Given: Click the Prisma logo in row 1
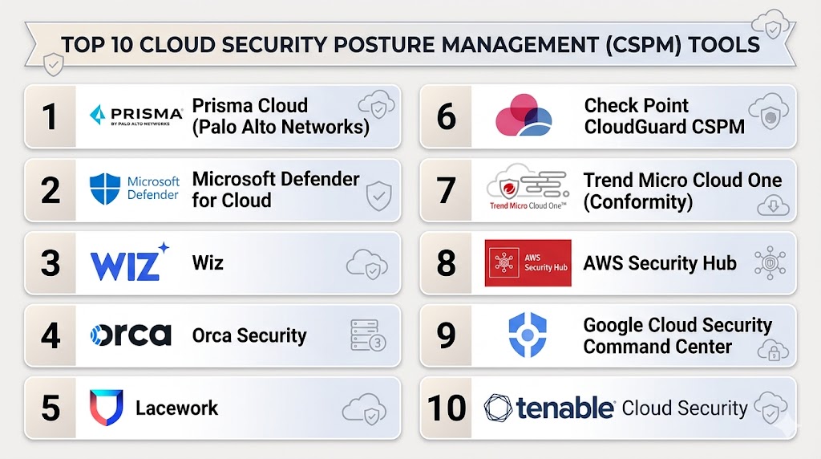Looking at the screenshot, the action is [136, 116].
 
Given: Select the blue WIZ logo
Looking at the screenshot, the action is [129, 262].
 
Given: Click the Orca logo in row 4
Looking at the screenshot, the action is [131, 335].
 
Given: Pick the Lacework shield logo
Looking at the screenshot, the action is [107, 407].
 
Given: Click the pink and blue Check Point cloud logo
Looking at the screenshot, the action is [523, 116].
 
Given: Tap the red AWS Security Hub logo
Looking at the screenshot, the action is [528, 263].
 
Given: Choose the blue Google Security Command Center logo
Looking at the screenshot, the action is [528, 335].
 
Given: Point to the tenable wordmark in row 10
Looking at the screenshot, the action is [564, 408].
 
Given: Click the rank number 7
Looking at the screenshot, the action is [446, 189].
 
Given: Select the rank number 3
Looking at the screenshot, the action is [51, 262].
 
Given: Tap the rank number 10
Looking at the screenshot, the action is [446, 408].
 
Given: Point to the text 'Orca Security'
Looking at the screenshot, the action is [249, 335].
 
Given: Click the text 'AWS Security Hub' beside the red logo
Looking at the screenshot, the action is [660, 263].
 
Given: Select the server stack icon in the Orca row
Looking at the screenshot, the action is [367, 335].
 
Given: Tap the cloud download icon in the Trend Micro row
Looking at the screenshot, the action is [773, 205].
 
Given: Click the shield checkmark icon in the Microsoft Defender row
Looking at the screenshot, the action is [378, 196].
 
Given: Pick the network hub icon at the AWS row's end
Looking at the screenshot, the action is [770, 262].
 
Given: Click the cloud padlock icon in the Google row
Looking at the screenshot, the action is [773, 350].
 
